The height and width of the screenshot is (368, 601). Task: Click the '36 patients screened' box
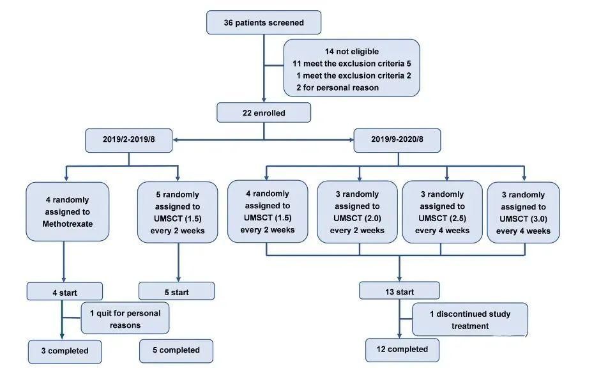[264, 22]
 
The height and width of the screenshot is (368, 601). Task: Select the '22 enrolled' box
[264, 112]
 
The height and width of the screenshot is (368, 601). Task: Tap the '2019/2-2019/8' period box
[129, 140]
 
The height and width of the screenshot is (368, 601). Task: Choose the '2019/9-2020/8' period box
[397, 140]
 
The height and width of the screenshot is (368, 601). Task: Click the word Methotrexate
[68, 224]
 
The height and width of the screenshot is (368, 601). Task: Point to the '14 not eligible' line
[352, 51]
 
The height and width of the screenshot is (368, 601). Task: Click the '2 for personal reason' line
[337, 88]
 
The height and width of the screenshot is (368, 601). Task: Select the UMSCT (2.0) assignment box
[357, 212]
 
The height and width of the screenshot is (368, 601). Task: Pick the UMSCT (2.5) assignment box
[443, 212]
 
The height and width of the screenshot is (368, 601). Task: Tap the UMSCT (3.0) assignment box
[523, 212]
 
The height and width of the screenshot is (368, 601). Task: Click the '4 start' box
[65, 292]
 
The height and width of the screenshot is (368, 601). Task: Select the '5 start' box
[176, 291]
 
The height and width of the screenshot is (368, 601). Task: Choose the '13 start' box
[399, 291]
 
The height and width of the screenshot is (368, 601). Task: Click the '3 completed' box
[65, 351]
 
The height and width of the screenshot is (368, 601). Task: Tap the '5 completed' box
[176, 351]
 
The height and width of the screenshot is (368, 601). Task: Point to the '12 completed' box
[402, 350]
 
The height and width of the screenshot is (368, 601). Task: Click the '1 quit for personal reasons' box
[125, 318]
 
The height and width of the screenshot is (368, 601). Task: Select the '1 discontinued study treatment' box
[470, 319]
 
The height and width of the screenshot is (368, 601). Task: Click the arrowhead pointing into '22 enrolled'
[264, 100]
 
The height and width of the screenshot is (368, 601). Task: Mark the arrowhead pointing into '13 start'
[399, 279]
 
